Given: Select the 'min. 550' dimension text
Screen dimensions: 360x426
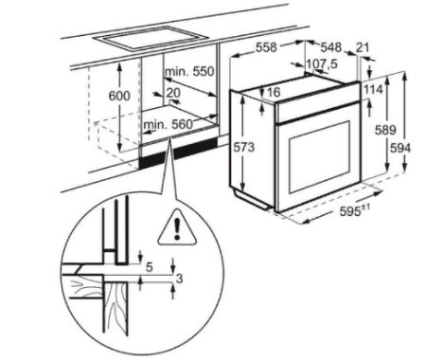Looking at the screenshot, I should [189, 73].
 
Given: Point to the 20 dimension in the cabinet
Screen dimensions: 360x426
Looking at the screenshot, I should [174, 93].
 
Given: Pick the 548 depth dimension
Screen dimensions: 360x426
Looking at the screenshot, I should [329, 47].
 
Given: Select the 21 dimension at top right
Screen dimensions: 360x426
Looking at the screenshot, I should [365, 47].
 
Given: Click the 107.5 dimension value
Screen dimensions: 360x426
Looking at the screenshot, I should [323, 64].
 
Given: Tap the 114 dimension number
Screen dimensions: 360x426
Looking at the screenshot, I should [372, 88].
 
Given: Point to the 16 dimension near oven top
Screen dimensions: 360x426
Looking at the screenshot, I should [275, 92].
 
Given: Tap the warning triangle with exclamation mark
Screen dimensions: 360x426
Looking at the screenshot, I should [175, 227].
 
